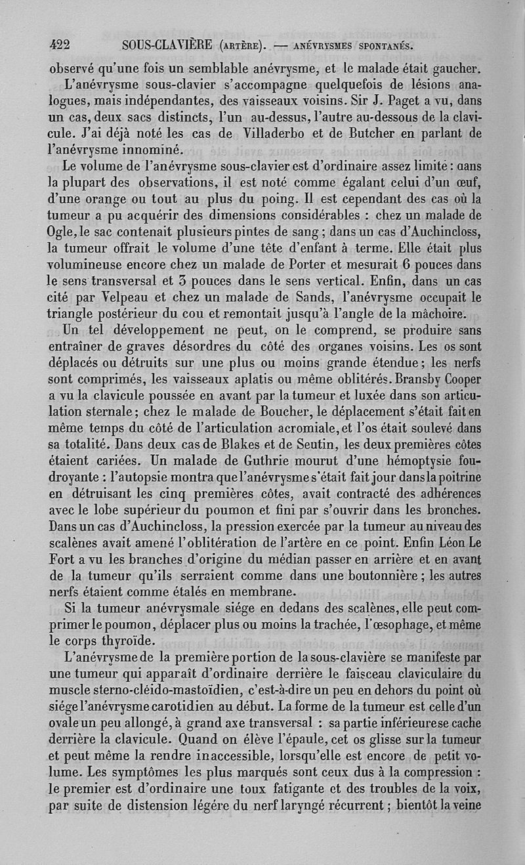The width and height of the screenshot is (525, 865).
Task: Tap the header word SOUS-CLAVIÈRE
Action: point(171,45)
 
